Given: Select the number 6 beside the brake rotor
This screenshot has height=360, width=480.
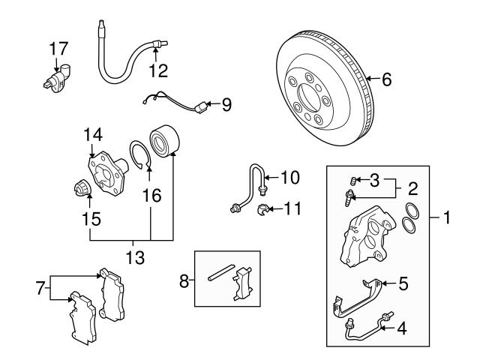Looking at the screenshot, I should click(x=386, y=78).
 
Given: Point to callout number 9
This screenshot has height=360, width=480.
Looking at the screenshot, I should click(x=225, y=104).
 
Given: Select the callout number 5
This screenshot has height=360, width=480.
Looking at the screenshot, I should click(x=403, y=283).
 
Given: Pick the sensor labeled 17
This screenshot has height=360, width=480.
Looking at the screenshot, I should click(x=54, y=79).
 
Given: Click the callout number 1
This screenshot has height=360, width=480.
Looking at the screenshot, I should click(x=447, y=220).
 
